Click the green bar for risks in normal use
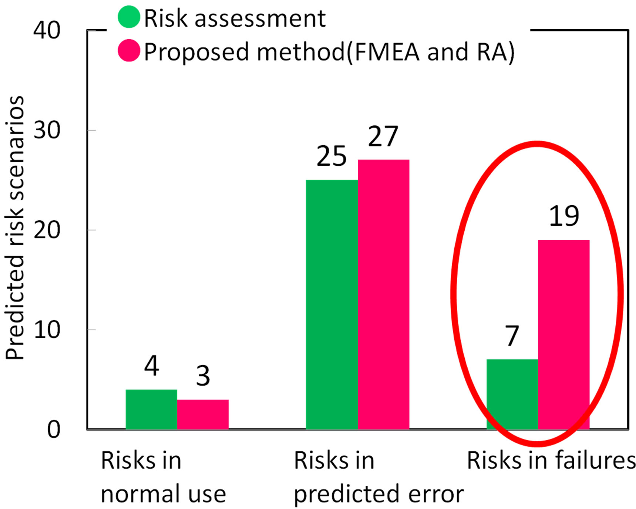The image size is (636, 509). click(151, 409)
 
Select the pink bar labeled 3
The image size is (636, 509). click(203, 414)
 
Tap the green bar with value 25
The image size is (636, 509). click(332, 304)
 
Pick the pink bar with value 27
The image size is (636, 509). click(383, 294)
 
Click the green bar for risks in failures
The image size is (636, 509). click(512, 394)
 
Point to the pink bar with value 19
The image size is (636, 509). click(563, 334)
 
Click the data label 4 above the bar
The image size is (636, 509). click(152, 366)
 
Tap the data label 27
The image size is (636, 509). click(383, 136)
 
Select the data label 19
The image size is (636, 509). click(563, 216)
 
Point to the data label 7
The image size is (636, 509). click(512, 336)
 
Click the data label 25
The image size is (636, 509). click(332, 156)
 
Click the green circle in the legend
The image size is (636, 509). click(129, 17)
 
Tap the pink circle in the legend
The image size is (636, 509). click(129, 51)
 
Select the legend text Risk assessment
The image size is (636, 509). click(235, 18)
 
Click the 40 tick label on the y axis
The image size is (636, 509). click(47, 30)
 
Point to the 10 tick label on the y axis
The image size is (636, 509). click(47, 330)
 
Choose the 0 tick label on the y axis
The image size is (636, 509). click(54, 430)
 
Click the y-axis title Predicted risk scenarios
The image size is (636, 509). click(15, 227)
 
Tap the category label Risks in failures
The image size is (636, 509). click(551, 461)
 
